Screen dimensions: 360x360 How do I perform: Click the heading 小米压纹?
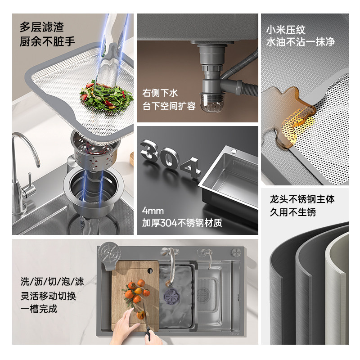pos(285,31)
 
